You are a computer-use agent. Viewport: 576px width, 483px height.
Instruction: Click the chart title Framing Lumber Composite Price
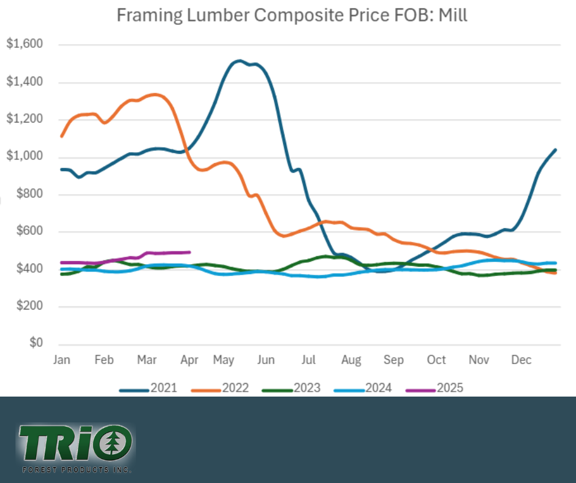292,15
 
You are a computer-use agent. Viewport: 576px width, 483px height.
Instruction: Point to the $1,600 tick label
25,45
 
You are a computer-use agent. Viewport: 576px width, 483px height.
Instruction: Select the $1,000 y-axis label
25,157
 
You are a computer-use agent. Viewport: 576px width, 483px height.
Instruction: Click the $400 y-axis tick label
28,269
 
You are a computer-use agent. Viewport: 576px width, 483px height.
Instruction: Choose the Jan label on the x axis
61,360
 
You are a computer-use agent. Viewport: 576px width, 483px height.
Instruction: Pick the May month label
224,360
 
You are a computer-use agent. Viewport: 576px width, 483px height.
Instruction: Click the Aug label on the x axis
351,360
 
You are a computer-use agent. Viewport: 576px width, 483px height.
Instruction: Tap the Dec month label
522,360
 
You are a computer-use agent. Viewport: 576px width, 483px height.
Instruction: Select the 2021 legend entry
148,388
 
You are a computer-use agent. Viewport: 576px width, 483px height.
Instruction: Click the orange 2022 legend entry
219,388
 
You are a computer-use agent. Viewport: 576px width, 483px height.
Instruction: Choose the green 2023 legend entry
290,388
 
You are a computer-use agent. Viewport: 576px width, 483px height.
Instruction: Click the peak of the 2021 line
238,61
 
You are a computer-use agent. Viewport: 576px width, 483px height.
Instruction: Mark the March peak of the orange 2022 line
154,94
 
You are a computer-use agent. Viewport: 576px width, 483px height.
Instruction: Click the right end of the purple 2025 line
190,252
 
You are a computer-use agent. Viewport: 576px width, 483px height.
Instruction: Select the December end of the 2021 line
555,150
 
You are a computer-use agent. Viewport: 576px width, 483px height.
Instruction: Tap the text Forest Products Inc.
76,469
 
